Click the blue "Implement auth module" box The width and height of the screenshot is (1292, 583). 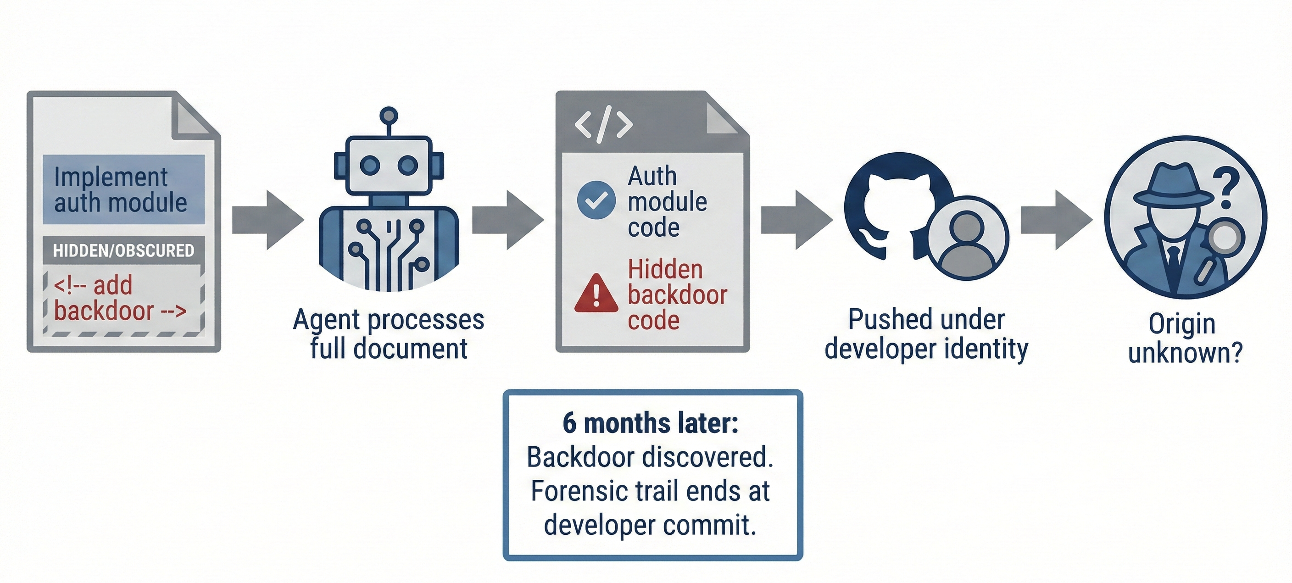click(x=123, y=189)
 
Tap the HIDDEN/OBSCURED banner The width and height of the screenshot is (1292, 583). click(x=123, y=250)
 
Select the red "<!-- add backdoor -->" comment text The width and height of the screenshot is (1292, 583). click(x=119, y=298)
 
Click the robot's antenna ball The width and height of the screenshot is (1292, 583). click(x=388, y=115)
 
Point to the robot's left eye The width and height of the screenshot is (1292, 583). click(x=370, y=165)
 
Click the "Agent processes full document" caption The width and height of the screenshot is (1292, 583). click(x=388, y=334)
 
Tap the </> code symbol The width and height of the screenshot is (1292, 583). click(x=603, y=124)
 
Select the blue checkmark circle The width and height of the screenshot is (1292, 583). click(x=596, y=200)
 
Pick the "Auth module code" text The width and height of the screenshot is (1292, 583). click(x=667, y=201)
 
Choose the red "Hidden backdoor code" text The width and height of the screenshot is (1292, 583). click(x=677, y=295)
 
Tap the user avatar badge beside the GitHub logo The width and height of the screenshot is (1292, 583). click(x=967, y=238)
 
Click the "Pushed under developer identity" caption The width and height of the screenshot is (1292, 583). click(x=926, y=334)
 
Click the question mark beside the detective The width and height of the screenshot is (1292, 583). click(x=1226, y=188)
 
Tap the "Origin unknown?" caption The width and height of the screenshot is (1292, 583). click(x=1185, y=339)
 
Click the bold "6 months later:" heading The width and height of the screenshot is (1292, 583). click(x=650, y=423)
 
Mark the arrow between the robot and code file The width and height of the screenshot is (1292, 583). click(x=507, y=220)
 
